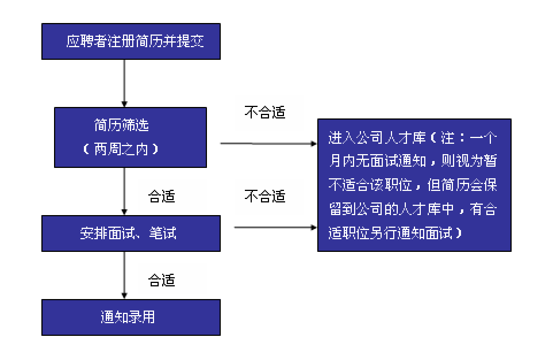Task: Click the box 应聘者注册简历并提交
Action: [x=131, y=41]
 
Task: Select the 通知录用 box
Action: [x=131, y=317]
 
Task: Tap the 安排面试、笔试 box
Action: [x=131, y=233]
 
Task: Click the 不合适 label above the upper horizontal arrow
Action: [x=264, y=112]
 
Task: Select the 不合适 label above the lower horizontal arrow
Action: [x=264, y=196]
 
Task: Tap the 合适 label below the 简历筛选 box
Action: [x=162, y=197]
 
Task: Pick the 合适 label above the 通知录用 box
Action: [x=162, y=281]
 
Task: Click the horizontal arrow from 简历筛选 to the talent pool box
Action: [x=268, y=143]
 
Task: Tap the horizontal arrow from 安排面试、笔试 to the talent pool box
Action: [x=275, y=228]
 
